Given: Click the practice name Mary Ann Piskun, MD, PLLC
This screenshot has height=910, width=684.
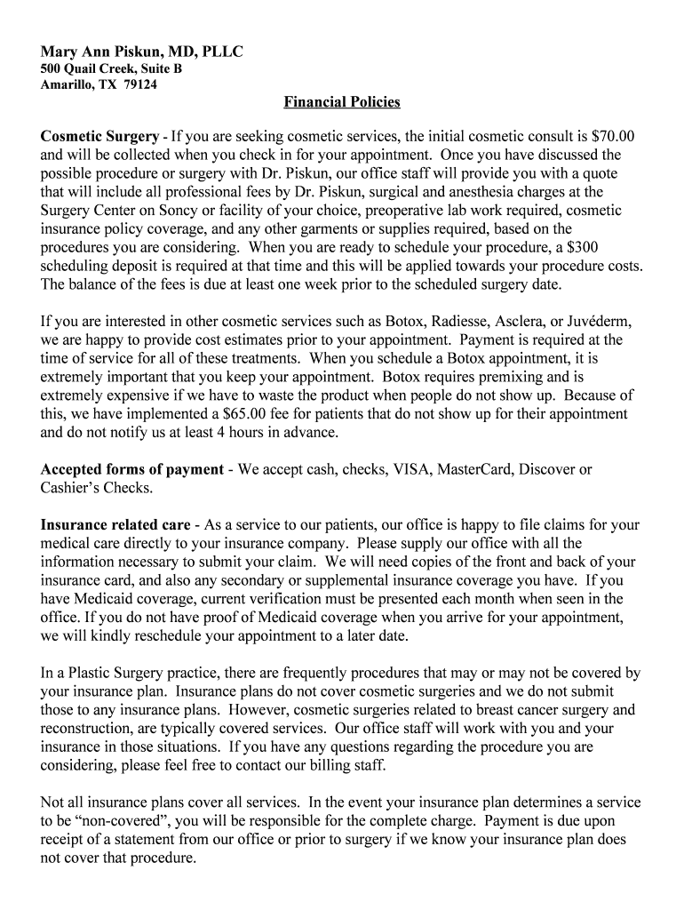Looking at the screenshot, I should pos(141,52).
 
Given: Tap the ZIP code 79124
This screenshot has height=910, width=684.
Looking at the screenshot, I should pos(140,85).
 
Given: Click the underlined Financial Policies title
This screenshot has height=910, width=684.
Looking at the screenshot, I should pos(342,102).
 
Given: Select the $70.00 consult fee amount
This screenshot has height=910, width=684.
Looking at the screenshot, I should pos(613,137).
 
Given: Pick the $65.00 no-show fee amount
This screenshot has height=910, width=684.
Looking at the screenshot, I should pos(248,414).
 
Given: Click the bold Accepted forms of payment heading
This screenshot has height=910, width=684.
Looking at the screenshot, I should pos(131,469).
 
